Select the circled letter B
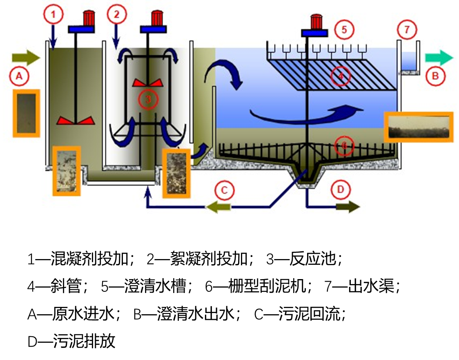click(435, 76)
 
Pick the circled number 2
click(117, 16)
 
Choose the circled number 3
click(148, 98)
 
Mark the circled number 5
click(344, 30)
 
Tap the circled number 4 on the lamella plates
click(341, 76)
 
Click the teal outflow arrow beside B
click(439, 58)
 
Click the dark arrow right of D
click(348, 207)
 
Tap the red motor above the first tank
click(88, 18)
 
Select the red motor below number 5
click(315, 21)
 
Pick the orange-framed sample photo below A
click(27, 113)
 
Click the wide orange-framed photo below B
click(419, 127)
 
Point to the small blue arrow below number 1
click(52, 39)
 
